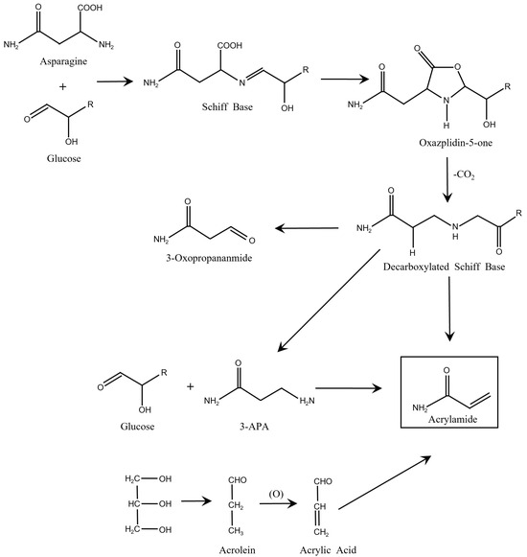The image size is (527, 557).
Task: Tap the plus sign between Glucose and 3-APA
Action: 190,387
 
